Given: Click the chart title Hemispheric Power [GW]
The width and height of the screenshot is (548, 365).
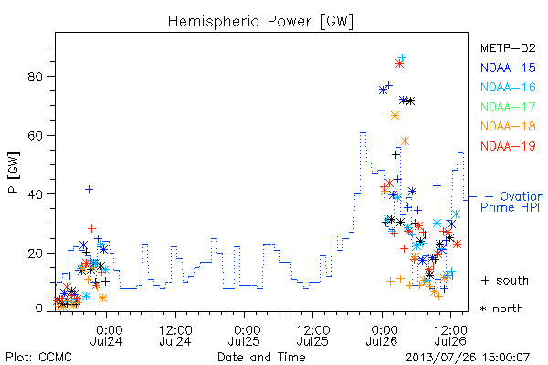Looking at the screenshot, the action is click(260, 22).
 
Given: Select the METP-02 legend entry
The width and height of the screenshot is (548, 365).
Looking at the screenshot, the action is click(508, 47).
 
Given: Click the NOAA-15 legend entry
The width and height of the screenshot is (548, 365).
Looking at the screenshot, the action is click(508, 68).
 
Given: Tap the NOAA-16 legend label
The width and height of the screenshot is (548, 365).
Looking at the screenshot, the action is click(508, 87).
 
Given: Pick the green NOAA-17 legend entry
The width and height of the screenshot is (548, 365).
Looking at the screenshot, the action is click(508, 107).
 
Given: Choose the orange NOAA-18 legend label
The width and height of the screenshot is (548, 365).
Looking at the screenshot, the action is click(508, 126).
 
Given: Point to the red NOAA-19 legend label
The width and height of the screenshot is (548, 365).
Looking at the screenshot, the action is click(508, 146).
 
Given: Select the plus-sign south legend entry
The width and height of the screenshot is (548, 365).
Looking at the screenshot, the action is click(505, 280).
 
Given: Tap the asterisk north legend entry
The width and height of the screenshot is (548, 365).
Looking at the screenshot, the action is click(501, 308).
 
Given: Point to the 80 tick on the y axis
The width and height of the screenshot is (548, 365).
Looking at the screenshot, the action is click(36, 77).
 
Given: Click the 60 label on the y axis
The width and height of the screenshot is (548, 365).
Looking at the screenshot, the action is click(36, 136).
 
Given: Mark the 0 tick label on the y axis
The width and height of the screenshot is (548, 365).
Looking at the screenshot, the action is click(39, 308).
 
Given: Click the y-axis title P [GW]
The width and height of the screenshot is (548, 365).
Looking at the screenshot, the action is click(14, 172).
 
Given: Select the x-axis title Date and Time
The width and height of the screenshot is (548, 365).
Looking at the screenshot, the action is click(261, 357).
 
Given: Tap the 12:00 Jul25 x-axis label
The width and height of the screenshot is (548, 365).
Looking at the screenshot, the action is click(312, 336).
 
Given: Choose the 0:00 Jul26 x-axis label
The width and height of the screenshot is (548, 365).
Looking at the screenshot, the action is click(382, 336).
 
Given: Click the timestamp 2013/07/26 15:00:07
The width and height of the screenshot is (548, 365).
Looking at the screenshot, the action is click(468, 358).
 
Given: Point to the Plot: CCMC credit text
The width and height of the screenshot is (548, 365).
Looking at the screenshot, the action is click(38, 358).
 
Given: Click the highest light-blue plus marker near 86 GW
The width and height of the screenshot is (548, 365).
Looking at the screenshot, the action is click(402, 57).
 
